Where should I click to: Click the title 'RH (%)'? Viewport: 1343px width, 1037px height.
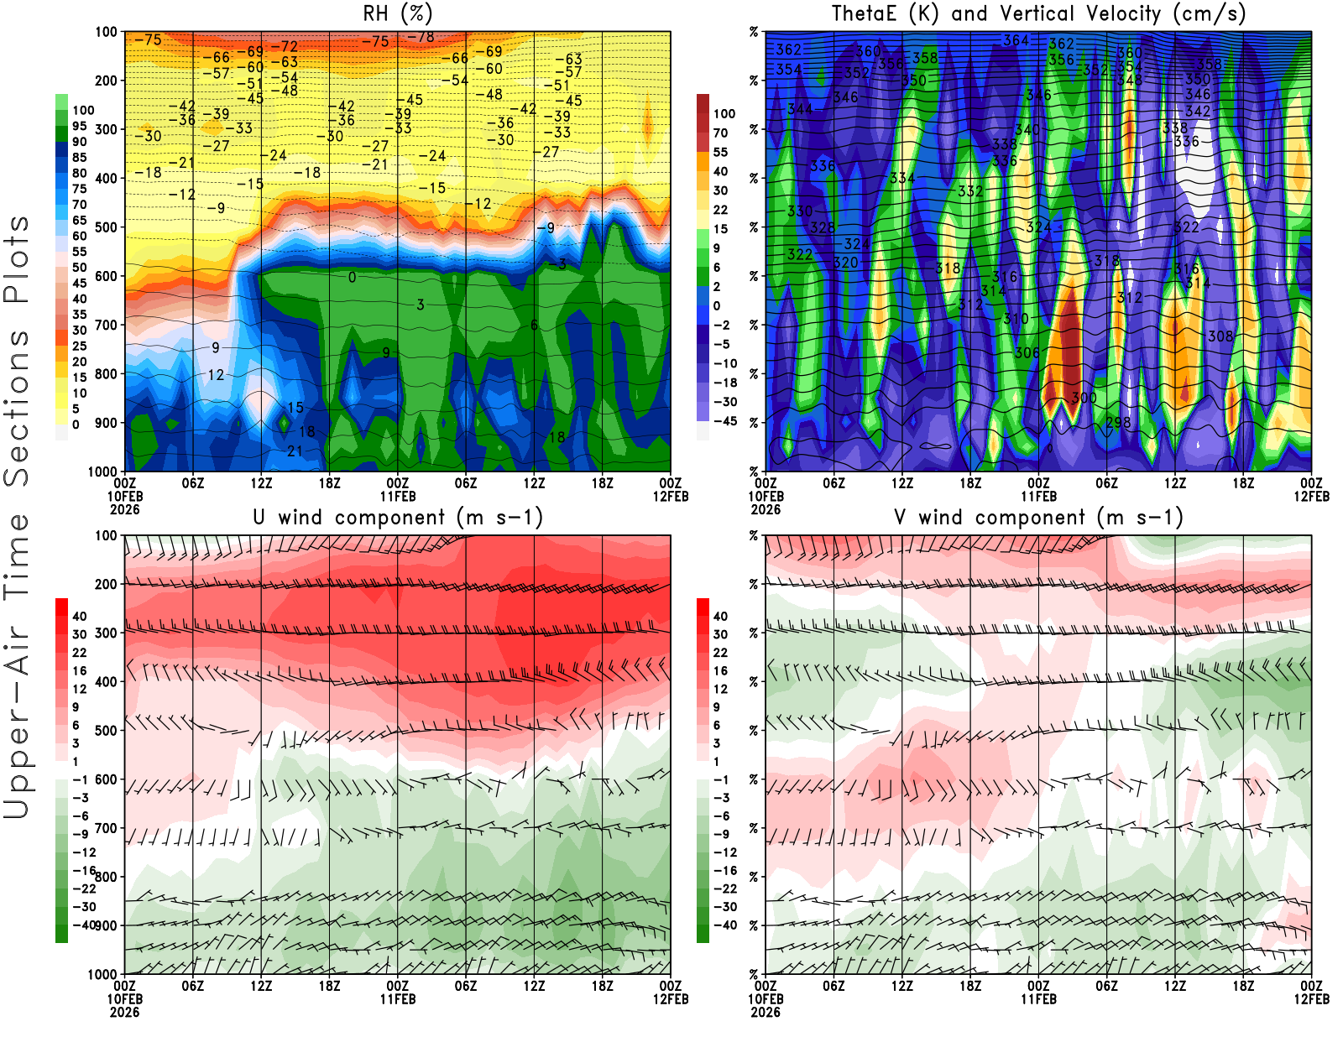point(397,13)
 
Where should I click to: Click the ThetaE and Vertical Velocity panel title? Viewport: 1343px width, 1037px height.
point(1038,13)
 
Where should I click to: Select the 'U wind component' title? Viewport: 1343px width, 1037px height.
point(397,517)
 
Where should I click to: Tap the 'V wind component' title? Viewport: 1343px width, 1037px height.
point(1038,517)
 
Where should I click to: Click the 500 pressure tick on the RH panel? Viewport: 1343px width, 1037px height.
point(106,227)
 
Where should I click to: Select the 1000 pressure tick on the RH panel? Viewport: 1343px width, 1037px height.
point(102,472)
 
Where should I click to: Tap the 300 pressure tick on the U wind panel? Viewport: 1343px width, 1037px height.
point(106,633)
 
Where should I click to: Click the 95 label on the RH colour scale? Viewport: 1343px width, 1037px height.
point(79,126)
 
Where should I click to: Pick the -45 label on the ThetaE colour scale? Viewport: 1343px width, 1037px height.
point(725,421)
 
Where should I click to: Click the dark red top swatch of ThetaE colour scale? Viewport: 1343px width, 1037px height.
point(703,103)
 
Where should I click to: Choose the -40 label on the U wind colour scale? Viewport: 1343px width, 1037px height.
point(84,925)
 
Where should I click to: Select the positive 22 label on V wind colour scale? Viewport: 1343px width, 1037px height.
point(720,653)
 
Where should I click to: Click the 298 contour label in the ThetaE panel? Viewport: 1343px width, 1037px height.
point(1118,422)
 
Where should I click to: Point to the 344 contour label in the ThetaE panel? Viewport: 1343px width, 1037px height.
point(800,109)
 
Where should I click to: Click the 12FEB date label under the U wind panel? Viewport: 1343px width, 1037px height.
point(671,999)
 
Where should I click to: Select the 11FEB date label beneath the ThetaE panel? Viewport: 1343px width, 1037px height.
point(1038,496)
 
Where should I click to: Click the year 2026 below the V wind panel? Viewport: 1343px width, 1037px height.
point(766,1012)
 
